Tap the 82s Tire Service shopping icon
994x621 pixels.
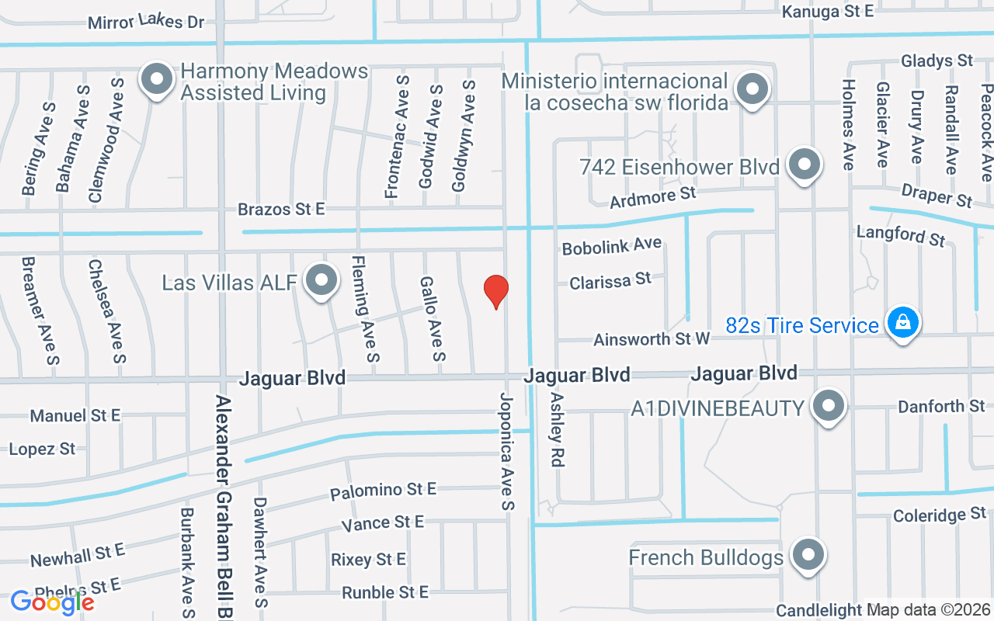[x=902, y=321]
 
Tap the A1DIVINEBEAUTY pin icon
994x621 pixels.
[x=829, y=405]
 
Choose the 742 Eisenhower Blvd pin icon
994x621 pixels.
[x=805, y=164]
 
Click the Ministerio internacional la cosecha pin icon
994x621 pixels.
[x=752, y=88]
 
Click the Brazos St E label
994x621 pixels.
[x=281, y=210]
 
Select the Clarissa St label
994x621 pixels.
[x=610, y=281]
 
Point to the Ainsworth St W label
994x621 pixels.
[x=652, y=339]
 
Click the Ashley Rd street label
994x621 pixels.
[x=556, y=429]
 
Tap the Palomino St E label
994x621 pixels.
[x=383, y=491]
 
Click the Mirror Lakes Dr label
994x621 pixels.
[x=146, y=22]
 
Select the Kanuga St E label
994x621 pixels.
[x=828, y=11]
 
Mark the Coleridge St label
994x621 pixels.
[x=939, y=515]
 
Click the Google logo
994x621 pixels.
[x=52, y=602]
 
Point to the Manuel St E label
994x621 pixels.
[x=75, y=416]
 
